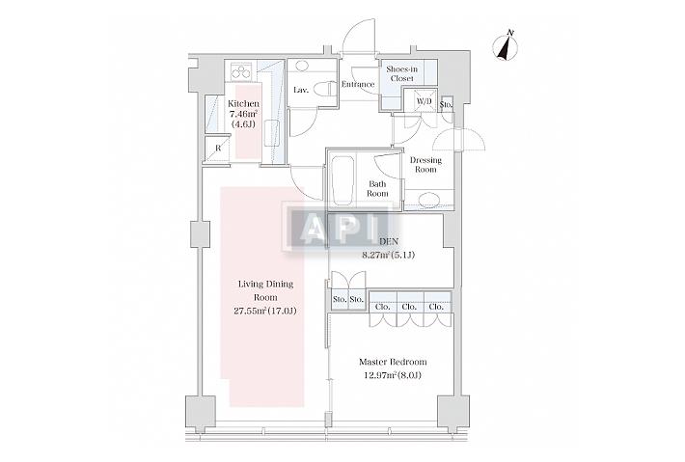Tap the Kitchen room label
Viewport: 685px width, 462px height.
(243, 104)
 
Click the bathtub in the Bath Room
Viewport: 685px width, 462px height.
(343, 181)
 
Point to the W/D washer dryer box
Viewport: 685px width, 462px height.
(424, 101)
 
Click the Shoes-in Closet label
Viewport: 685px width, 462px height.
(402, 74)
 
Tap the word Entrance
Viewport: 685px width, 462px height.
(358, 84)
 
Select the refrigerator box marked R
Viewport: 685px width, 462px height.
(217, 149)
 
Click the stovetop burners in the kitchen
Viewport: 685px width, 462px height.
(241, 70)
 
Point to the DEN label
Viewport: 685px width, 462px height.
(388, 241)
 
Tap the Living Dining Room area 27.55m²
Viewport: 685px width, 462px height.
(249, 311)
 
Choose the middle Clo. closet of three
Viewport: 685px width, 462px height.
(409, 307)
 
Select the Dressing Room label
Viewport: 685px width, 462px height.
(425, 165)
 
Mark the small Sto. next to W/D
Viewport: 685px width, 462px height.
(447, 105)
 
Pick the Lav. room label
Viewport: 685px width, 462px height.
(301, 90)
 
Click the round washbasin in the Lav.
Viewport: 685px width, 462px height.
(301, 67)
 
